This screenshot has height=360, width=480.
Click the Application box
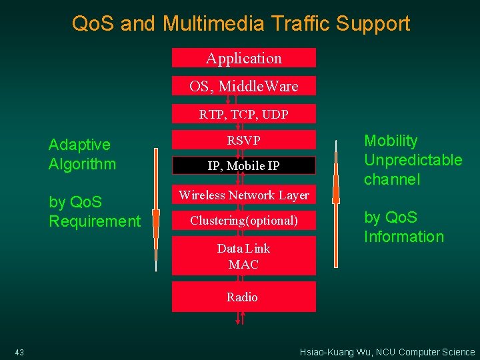[244, 58]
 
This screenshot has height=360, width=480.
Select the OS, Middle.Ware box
[244, 86]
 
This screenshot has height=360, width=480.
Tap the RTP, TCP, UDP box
[244, 115]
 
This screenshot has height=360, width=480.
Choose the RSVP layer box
[244, 140]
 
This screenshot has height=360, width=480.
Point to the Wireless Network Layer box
[244, 195]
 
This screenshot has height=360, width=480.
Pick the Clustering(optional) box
[244, 220]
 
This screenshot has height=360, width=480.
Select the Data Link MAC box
[244, 256]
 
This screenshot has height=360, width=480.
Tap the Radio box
[244, 297]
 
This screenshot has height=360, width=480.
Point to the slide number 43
[19, 352]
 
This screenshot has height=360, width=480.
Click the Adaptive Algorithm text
[82, 154]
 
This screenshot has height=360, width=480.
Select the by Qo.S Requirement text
[95, 211]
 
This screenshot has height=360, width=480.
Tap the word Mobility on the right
[391, 141]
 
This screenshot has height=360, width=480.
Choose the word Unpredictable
[413, 160]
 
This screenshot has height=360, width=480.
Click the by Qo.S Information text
[403, 227]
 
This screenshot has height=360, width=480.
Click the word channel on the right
[392, 179]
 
